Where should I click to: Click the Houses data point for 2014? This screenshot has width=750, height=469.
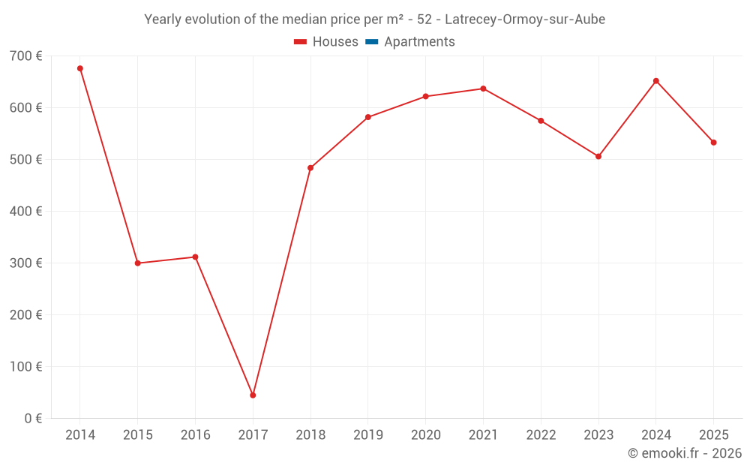80,68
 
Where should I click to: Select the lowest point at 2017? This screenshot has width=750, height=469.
253,395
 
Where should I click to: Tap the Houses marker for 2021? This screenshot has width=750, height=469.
483,89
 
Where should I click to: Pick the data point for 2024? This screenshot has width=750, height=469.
656,81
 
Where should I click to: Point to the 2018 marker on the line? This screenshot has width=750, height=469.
310,168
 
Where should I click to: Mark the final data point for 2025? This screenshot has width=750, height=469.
713,143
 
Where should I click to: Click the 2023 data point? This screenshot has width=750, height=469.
598,156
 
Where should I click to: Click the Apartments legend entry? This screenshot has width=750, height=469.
419,42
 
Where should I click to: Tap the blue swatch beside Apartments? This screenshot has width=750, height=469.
371,42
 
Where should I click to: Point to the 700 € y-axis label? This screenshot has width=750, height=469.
26,56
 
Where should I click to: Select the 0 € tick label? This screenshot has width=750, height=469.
33,418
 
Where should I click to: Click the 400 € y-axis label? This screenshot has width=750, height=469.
26,212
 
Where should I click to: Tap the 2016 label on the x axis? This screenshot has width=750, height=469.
195,435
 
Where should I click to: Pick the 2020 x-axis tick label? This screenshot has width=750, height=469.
425,435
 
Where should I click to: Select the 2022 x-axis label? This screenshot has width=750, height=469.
541,435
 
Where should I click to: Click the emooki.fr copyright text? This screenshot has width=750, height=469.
685,453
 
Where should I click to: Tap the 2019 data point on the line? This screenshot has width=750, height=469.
368,117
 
